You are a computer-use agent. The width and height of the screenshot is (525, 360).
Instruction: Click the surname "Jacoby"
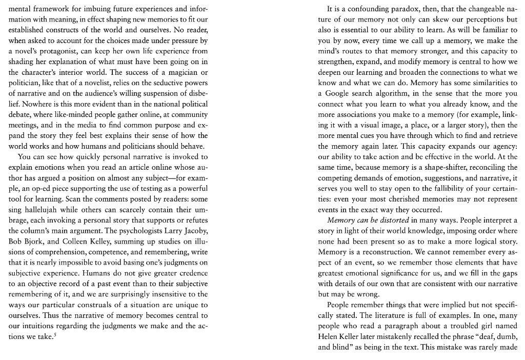pyautogui.click(x=193, y=231)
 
